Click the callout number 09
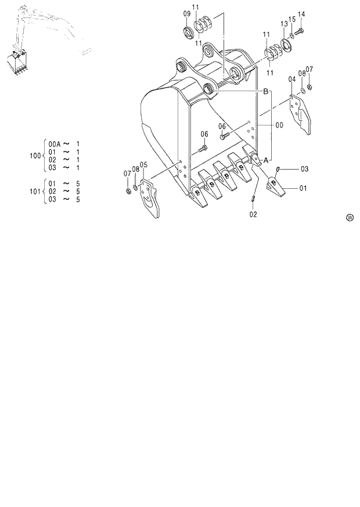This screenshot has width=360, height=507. click(186, 13)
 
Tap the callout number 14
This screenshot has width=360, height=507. click(301, 14)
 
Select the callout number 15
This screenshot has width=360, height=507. click(292, 20)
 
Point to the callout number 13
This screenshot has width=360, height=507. click(284, 24)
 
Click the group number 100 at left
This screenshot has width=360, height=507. click(35, 156)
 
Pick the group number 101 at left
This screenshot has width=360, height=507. click(35, 191)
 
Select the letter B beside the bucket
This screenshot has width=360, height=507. click(265, 92)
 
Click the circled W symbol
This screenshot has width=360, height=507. click(350, 218)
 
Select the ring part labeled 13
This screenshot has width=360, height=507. click(286, 44)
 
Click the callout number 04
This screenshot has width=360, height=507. click(292, 78)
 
